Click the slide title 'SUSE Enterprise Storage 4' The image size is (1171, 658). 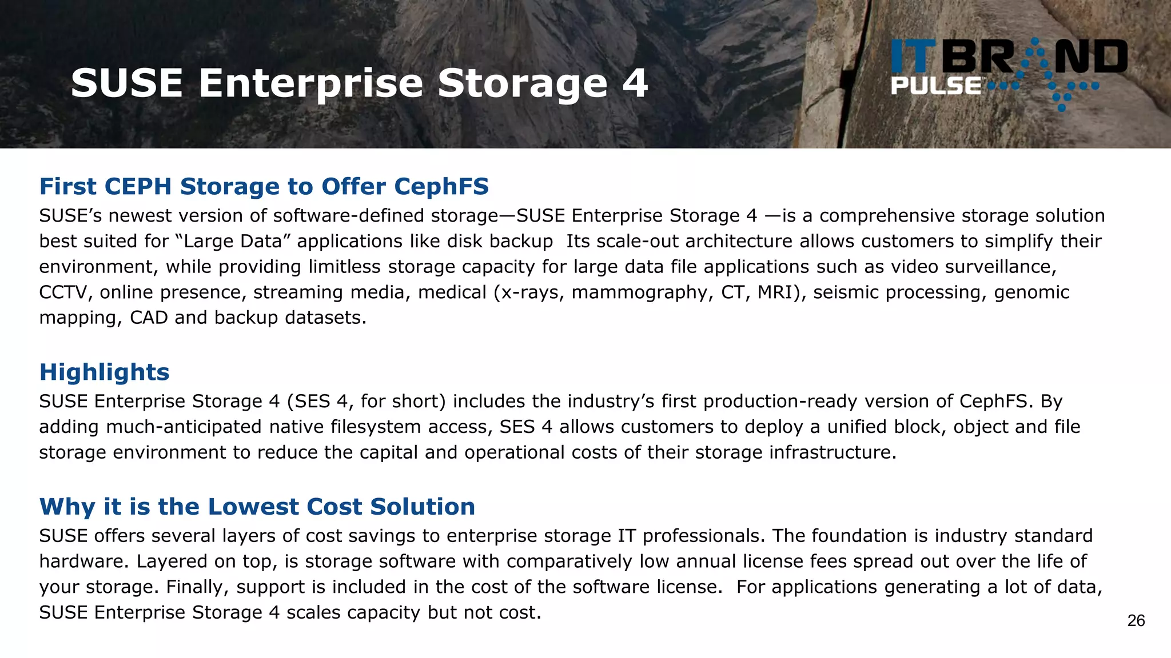359,83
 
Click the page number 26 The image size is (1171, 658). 1136,621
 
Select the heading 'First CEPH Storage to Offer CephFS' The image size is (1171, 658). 264,187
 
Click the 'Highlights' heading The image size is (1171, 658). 104,372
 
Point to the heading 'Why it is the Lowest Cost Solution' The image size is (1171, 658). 257,507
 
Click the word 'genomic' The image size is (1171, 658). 1031,292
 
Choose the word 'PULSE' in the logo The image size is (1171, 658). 935,86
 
